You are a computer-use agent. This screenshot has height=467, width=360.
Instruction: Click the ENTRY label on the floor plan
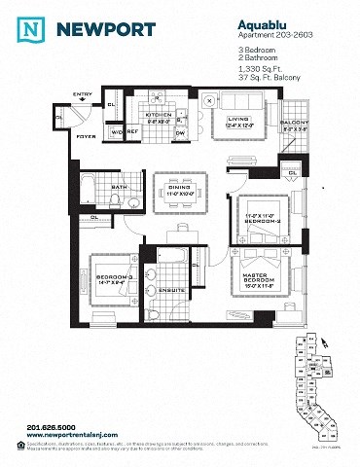click(x=83, y=94)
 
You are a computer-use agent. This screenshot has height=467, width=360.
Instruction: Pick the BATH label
click(x=119, y=186)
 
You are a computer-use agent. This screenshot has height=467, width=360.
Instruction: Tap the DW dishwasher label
click(x=180, y=131)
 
